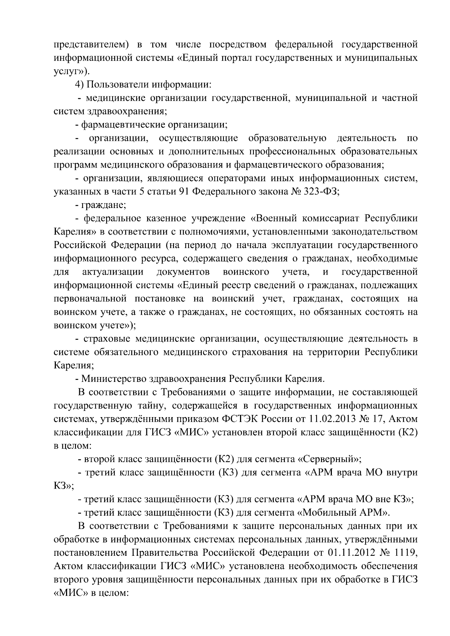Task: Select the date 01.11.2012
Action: (x=348, y=553)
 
